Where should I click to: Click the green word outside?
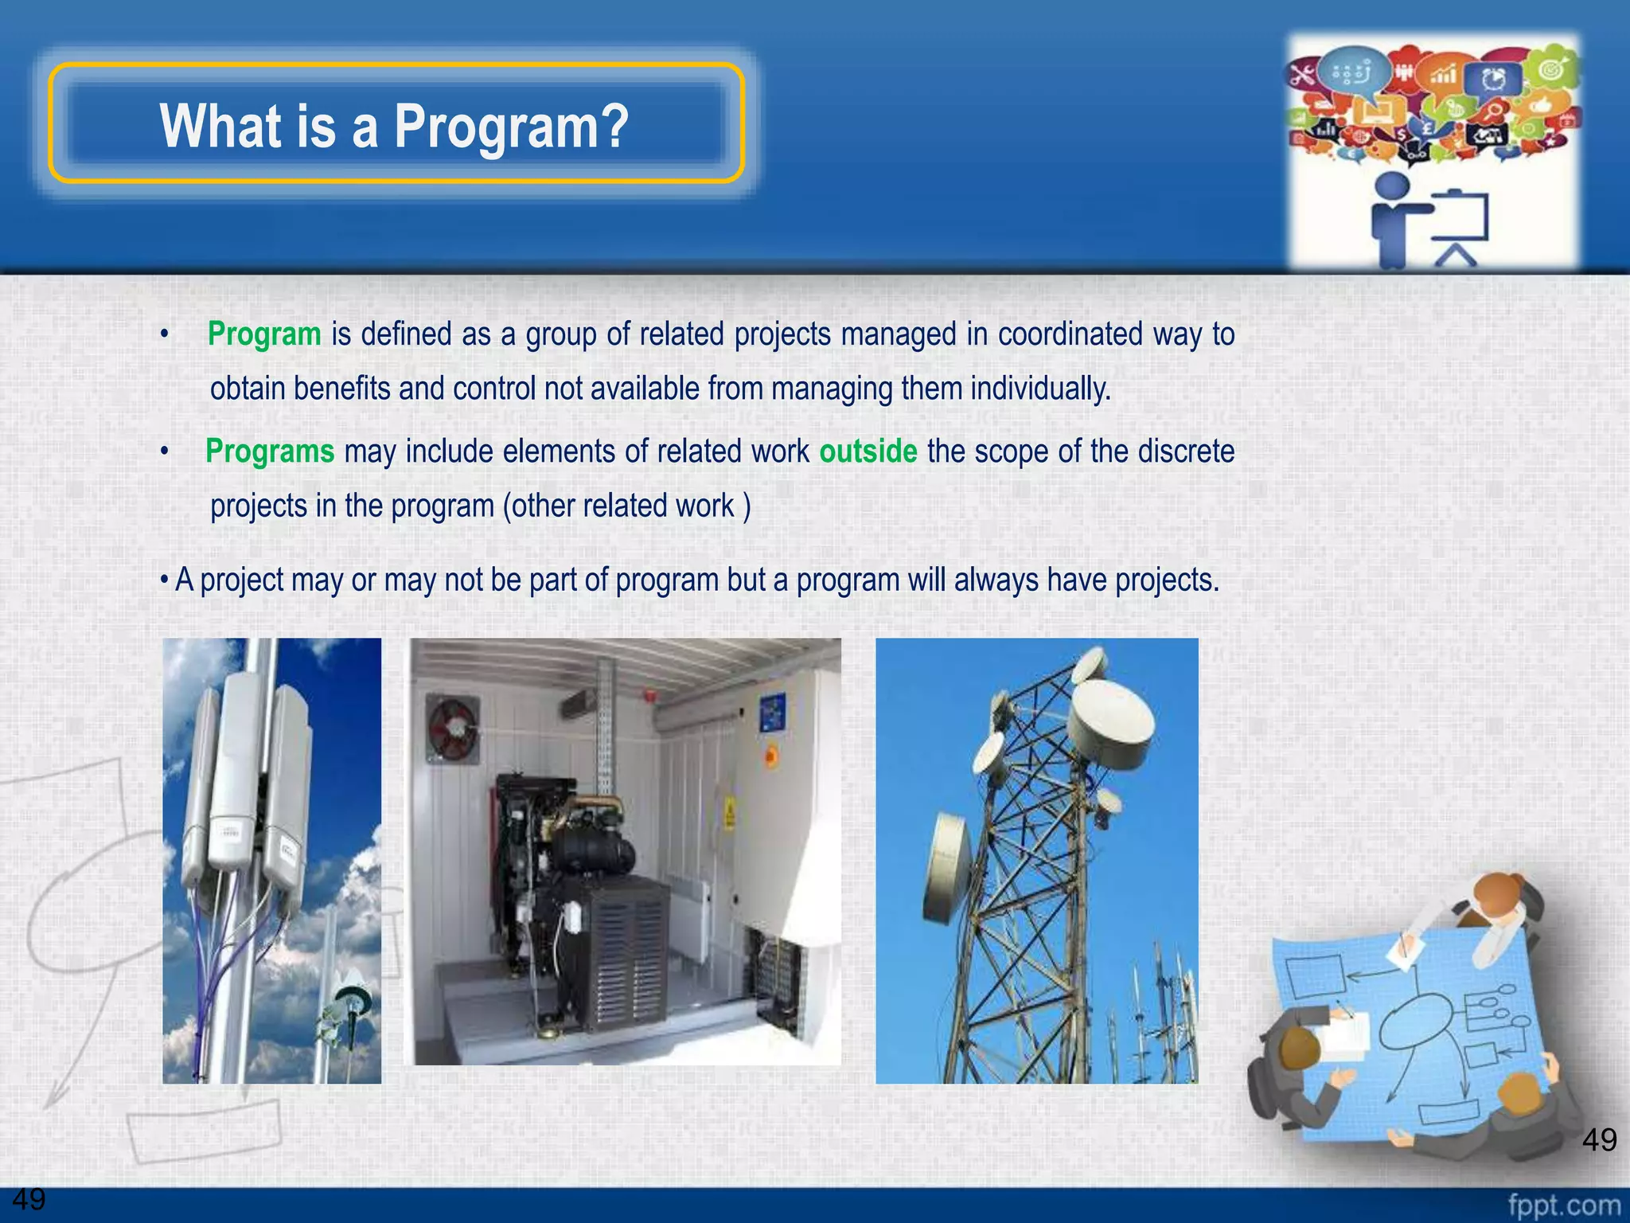[x=868, y=451]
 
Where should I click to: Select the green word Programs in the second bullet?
[x=270, y=451]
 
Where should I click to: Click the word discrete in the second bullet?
[x=1186, y=451]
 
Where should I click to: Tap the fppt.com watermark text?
[x=1563, y=1205]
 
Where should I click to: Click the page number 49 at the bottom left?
[x=29, y=1199]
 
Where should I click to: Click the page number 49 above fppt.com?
[x=1599, y=1140]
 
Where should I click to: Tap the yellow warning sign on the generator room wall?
[x=728, y=814]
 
